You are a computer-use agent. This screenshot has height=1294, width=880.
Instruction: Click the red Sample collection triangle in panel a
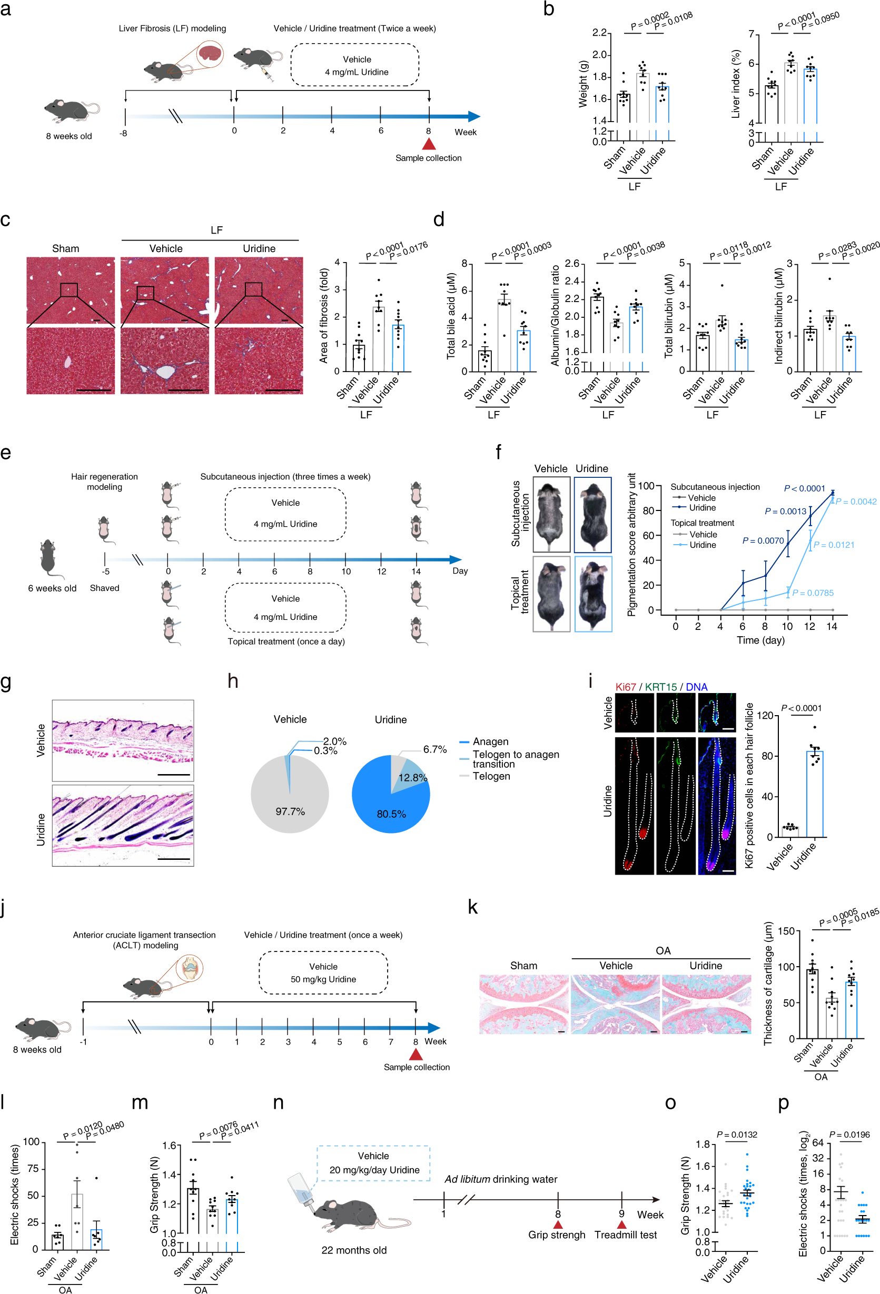coord(428,144)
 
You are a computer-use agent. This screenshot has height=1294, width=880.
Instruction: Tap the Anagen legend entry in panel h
coord(490,741)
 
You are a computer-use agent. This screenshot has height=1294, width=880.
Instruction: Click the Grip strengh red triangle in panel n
coord(557,1225)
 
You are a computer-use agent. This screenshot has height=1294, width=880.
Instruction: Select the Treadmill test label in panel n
coord(625,1235)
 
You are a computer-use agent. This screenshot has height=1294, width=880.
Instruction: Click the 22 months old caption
coord(353,1250)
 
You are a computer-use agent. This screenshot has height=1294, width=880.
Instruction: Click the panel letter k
coord(472,907)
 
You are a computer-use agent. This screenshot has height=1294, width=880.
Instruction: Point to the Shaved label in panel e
coord(104,588)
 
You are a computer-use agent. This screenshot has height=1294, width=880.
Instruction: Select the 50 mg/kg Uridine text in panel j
coord(323,979)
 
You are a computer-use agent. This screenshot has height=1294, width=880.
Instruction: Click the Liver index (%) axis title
coord(736,84)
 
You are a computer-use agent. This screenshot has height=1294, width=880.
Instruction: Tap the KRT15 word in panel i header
coord(660,687)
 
